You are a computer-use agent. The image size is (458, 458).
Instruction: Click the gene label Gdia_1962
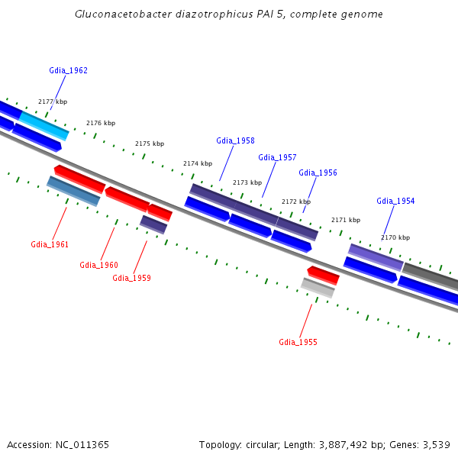69,70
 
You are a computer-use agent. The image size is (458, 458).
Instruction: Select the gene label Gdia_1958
235,140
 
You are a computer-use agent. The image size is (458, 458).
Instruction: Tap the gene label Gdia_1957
277,158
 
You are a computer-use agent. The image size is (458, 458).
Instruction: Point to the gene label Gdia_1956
318,173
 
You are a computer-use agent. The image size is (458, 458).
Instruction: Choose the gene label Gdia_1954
395,201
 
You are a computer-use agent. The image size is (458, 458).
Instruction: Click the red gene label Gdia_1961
50,244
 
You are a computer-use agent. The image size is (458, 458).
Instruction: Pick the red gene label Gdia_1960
98,265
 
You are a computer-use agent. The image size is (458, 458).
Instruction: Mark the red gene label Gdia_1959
132,278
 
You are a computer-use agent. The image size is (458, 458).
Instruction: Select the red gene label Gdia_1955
298,342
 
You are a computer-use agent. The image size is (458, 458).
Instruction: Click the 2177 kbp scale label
53,102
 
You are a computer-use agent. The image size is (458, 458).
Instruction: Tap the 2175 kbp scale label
150,144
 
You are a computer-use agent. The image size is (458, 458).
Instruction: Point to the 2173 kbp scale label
247,182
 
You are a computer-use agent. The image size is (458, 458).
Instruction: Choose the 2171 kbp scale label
346,220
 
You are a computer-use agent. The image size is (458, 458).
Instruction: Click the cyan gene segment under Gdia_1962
44,126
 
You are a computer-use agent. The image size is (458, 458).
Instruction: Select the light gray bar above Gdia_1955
318,288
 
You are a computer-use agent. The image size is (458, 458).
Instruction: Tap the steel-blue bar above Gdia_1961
73,191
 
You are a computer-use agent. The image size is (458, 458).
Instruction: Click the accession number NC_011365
82,445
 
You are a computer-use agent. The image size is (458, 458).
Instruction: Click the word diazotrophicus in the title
214,15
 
